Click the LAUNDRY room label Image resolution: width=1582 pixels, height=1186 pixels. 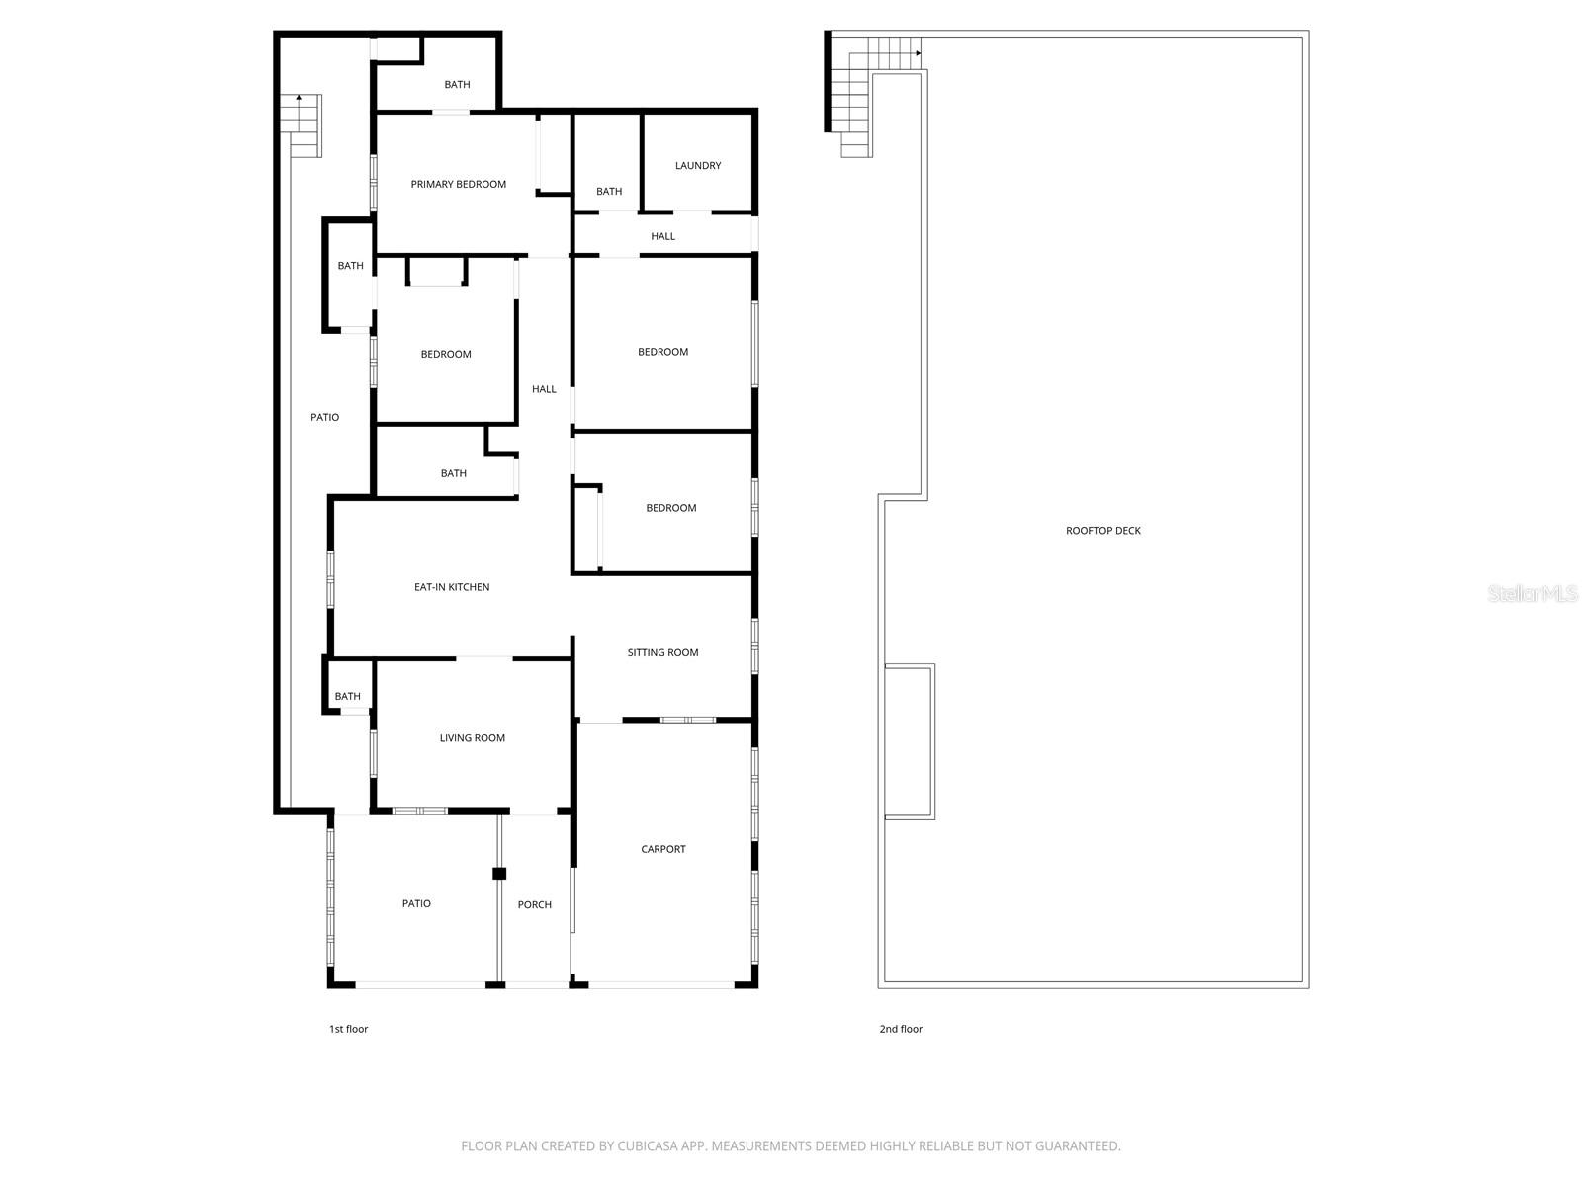coord(698,166)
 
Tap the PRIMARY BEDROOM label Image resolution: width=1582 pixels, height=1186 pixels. coord(459,184)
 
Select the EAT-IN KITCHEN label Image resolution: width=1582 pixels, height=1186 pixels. coord(452,587)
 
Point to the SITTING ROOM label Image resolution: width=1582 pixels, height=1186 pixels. coord(662,652)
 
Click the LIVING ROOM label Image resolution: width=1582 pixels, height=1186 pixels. coord(473,738)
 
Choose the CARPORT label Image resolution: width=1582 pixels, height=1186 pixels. coord(662,849)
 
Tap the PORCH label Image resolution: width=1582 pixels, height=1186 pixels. coord(535,905)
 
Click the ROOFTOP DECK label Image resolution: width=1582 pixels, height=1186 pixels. coord(1103,531)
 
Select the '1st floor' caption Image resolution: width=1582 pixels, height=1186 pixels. coord(348,1029)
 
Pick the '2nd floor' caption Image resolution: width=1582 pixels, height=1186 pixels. coord(901,1029)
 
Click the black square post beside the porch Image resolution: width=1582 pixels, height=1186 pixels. coord(499,874)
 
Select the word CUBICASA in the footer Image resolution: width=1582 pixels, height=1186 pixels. coord(645,1146)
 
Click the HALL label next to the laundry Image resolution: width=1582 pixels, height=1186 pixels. coord(662,236)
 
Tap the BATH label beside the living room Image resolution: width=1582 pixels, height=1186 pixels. coord(348,697)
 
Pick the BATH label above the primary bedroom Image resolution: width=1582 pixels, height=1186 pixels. coord(457,85)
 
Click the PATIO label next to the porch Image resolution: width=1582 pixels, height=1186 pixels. coord(416,904)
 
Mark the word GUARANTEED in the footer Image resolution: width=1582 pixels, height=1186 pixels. coord(1073,1146)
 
